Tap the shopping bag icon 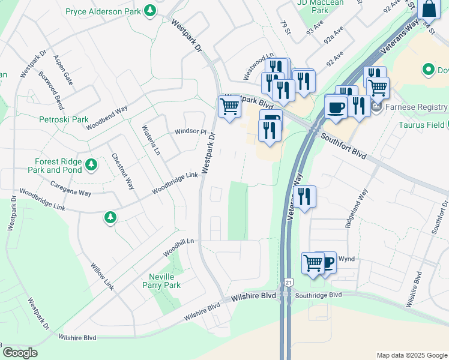pos(429,9)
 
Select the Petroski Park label pos(68,119)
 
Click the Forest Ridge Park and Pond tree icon pos(91,164)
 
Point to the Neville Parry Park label pos(164,281)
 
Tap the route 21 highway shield pos(289,282)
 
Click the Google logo pos(19,352)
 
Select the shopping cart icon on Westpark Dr pos(229,107)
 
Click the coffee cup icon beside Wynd pos(327,262)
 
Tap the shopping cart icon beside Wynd pos(313,263)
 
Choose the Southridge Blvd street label pos(318,295)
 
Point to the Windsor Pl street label pos(190,131)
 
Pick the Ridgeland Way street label pos(355,206)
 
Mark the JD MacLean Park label pos(313,7)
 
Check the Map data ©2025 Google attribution pos(411,355)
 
